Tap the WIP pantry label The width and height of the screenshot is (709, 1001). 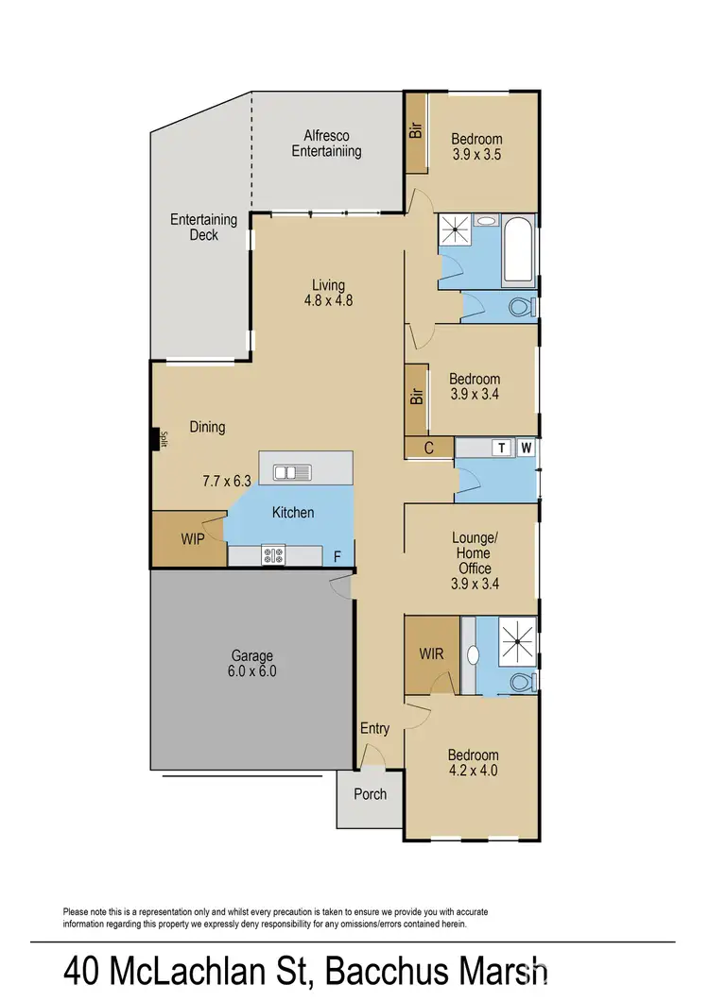[x=193, y=540]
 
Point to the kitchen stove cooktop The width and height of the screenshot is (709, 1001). [x=274, y=555]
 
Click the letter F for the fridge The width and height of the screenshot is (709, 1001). [x=337, y=556]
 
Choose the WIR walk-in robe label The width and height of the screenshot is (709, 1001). [x=431, y=653]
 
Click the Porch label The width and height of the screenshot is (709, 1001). [x=370, y=794]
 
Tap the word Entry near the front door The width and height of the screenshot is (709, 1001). [x=374, y=728]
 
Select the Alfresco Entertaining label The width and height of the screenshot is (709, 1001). [x=326, y=143]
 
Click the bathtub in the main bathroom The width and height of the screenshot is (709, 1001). [x=518, y=251]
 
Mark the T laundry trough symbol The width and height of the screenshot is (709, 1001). [x=502, y=448]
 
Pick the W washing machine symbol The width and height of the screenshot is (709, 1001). [x=526, y=448]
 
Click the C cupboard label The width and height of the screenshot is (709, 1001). [x=428, y=449]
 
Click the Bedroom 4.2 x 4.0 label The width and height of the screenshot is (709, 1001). [x=473, y=762]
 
